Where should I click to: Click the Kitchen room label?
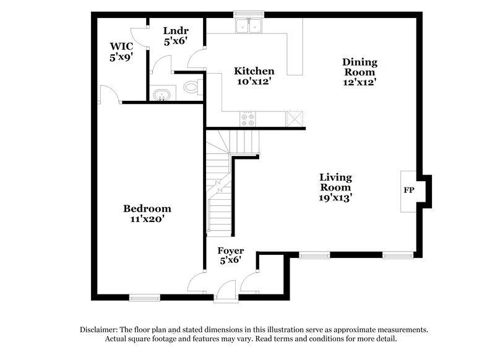[254, 71]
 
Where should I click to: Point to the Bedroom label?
[147, 208]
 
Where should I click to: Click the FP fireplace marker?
[409, 190]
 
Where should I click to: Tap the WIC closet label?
[121, 45]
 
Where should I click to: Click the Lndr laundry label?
[175, 30]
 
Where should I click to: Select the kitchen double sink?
[250, 27]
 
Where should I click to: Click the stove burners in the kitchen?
[249, 119]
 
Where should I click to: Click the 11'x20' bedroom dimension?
[147, 218]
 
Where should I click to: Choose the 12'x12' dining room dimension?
[360, 81]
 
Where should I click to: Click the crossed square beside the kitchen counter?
[295, 119]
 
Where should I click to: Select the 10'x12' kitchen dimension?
[254, 80]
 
